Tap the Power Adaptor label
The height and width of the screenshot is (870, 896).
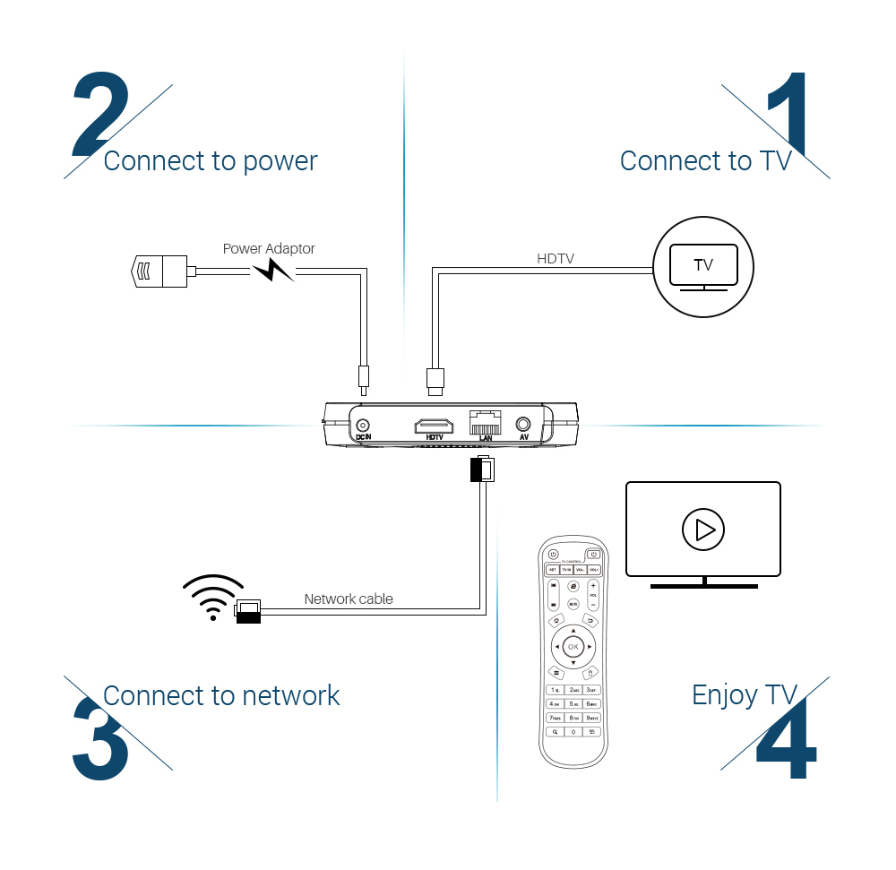click(x=269, y=249)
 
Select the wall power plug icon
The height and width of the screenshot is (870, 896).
click(x=159, y=271)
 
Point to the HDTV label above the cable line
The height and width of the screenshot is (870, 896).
click(x=555, y=259)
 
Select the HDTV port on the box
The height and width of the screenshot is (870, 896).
click(x=434, y=426)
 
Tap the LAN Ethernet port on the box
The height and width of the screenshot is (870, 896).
click(x=485, y=423)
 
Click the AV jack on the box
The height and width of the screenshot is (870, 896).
click(x=524, y=426)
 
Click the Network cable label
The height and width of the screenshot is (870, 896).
click(x=348, y=599)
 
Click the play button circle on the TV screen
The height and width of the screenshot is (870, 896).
click(x=703, y=530)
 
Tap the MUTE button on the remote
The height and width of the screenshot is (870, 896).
click(x=573, y=604)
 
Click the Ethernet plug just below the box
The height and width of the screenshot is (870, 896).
click(x=482, y=469)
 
